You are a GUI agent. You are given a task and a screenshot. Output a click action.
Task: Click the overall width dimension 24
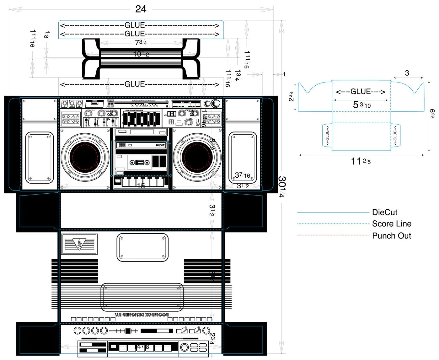[141, 9]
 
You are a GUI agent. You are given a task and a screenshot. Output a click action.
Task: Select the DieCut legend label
[384, 212]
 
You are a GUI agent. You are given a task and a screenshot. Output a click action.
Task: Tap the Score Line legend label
[391, 224]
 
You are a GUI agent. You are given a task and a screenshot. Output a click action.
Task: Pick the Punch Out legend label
[391, 236]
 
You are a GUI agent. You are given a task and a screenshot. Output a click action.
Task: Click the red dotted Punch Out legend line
[333, 235]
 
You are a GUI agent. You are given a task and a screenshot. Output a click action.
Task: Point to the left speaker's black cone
[85, 157]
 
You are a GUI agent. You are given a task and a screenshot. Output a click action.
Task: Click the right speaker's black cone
[197, 157]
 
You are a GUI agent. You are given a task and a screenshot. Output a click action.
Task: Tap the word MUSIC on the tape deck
[160, 145]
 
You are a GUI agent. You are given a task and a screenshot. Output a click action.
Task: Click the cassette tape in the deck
[140, 162]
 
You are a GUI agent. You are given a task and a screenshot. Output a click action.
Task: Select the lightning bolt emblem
[79, 244]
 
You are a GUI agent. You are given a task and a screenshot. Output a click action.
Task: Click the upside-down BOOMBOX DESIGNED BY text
[142, 314]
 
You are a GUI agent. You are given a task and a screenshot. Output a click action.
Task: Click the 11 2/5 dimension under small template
[361, 161]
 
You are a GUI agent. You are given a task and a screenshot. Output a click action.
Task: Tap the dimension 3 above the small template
[407, 73]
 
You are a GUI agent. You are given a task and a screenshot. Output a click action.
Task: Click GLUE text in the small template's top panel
[361, 92]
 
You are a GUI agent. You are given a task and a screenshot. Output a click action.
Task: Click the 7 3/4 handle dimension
[141, 42]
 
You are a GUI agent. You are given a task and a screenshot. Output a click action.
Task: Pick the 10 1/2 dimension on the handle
[141, 54]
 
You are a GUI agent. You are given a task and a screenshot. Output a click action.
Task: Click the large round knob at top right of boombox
[216, 103]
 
